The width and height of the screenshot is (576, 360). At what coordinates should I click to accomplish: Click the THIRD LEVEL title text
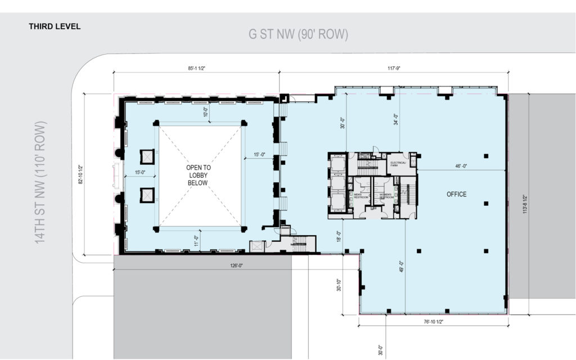coord(55,26)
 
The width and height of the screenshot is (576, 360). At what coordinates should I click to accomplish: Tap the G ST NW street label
coord(299,34)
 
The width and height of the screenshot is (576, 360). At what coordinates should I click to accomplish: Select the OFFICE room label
coord(456,194)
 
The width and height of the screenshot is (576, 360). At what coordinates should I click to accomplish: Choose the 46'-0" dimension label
coord(461,166)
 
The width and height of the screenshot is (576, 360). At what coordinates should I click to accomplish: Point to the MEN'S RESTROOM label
coord(360,196)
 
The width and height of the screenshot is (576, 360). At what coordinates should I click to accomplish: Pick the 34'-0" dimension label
coord(396,119)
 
